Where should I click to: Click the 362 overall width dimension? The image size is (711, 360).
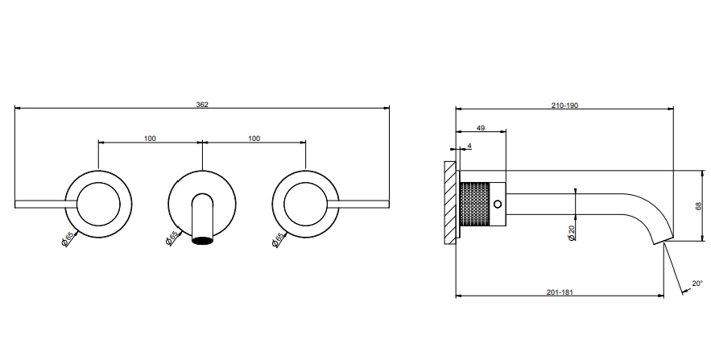click(202, 105)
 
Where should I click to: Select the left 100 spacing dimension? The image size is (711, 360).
click(150, 139)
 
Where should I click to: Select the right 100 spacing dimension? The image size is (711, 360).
click(254, 139)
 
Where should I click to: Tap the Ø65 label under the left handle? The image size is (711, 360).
click(67, 238)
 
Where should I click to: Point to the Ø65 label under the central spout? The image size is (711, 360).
click(172, 238)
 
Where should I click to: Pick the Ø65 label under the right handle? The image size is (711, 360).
click(278, 239)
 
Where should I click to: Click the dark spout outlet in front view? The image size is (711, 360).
click(202, 240)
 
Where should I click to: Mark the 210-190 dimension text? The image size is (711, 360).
click(564, 106)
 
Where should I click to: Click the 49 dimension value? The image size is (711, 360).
click(481, 128)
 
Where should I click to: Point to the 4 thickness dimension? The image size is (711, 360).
click(469, 146)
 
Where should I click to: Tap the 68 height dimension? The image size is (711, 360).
click(698, 206)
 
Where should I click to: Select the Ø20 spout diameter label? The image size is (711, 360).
click(572, 232)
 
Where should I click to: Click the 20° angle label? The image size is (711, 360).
click(697, 283)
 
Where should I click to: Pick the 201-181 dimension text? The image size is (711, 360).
click(560, 292)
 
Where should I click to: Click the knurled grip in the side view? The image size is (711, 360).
click(475, 204)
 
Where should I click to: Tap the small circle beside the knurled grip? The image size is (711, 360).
click(498, 204)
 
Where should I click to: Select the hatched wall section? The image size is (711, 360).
click(450, 203)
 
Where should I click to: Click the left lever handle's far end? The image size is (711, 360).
click(15, 204)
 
